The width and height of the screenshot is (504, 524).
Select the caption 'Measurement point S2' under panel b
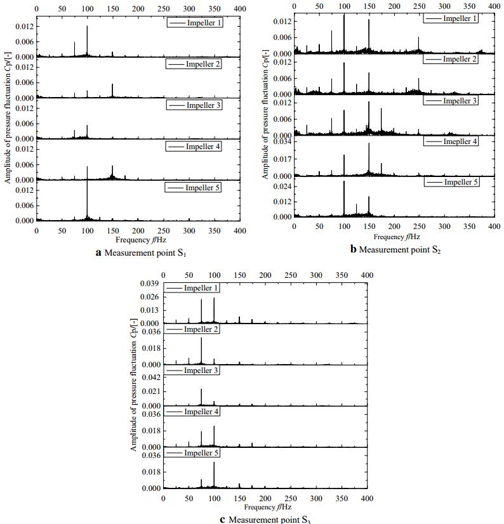click(x=395, y=250)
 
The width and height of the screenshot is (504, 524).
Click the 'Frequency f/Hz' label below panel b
click(x=397, y=237)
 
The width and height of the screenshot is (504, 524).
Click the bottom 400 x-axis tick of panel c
click(x=367, y=499)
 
